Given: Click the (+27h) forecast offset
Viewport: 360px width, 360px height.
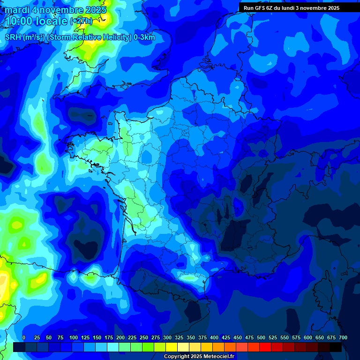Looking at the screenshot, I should pos(81,21).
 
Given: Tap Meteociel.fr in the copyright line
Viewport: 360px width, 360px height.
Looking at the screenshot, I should pos(220,357).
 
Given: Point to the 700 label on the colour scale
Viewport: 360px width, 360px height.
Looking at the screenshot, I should pos(343,338).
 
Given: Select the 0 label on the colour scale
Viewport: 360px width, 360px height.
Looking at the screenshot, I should pos(24,338).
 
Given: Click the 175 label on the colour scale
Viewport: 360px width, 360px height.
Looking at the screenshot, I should pos(109,338).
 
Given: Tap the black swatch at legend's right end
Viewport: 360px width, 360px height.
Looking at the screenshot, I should pos(336,347).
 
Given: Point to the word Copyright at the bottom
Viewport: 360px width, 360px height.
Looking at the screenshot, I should pos(176,357).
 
